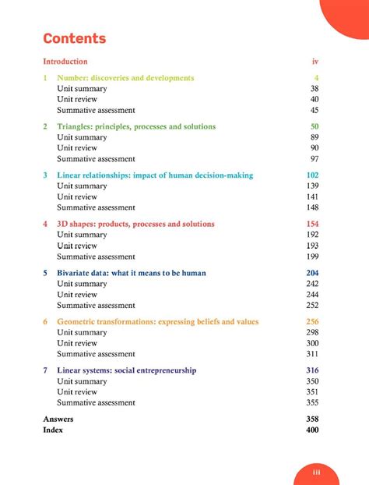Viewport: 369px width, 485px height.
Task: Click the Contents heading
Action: click(75, 38)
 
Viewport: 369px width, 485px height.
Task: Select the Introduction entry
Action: click(65, 61)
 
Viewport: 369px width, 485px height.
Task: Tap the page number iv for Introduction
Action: click(315, 61)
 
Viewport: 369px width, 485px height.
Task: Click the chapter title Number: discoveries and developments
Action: click(125, 78)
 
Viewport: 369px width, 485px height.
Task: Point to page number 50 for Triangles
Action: click(315, 126)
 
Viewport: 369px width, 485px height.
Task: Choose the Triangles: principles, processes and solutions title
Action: click(136, 126)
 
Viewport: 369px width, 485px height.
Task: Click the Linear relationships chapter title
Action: click(155, 175)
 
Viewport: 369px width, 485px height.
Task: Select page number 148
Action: click(313, 207)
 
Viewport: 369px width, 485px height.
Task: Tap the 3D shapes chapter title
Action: click(135, 224)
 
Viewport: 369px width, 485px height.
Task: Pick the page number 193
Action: click(313, 246)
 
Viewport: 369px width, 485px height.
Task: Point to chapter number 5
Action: click(45, 273)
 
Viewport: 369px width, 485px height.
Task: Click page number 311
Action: click(313, 354)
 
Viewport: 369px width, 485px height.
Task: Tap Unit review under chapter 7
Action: click(77, 392)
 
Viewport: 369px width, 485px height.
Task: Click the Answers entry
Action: click(58, 419)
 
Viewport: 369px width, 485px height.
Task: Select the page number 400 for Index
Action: click(313, 430)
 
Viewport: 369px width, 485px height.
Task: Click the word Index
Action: click(53, 430)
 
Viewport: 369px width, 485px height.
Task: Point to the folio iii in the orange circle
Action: click(317, 472)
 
